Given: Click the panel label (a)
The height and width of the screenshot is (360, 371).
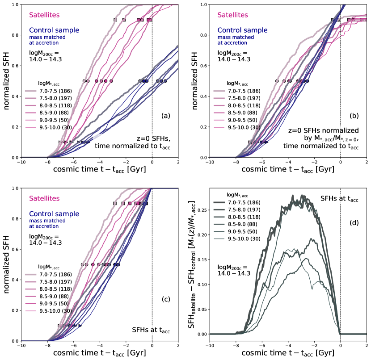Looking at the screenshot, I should point(166,116).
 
